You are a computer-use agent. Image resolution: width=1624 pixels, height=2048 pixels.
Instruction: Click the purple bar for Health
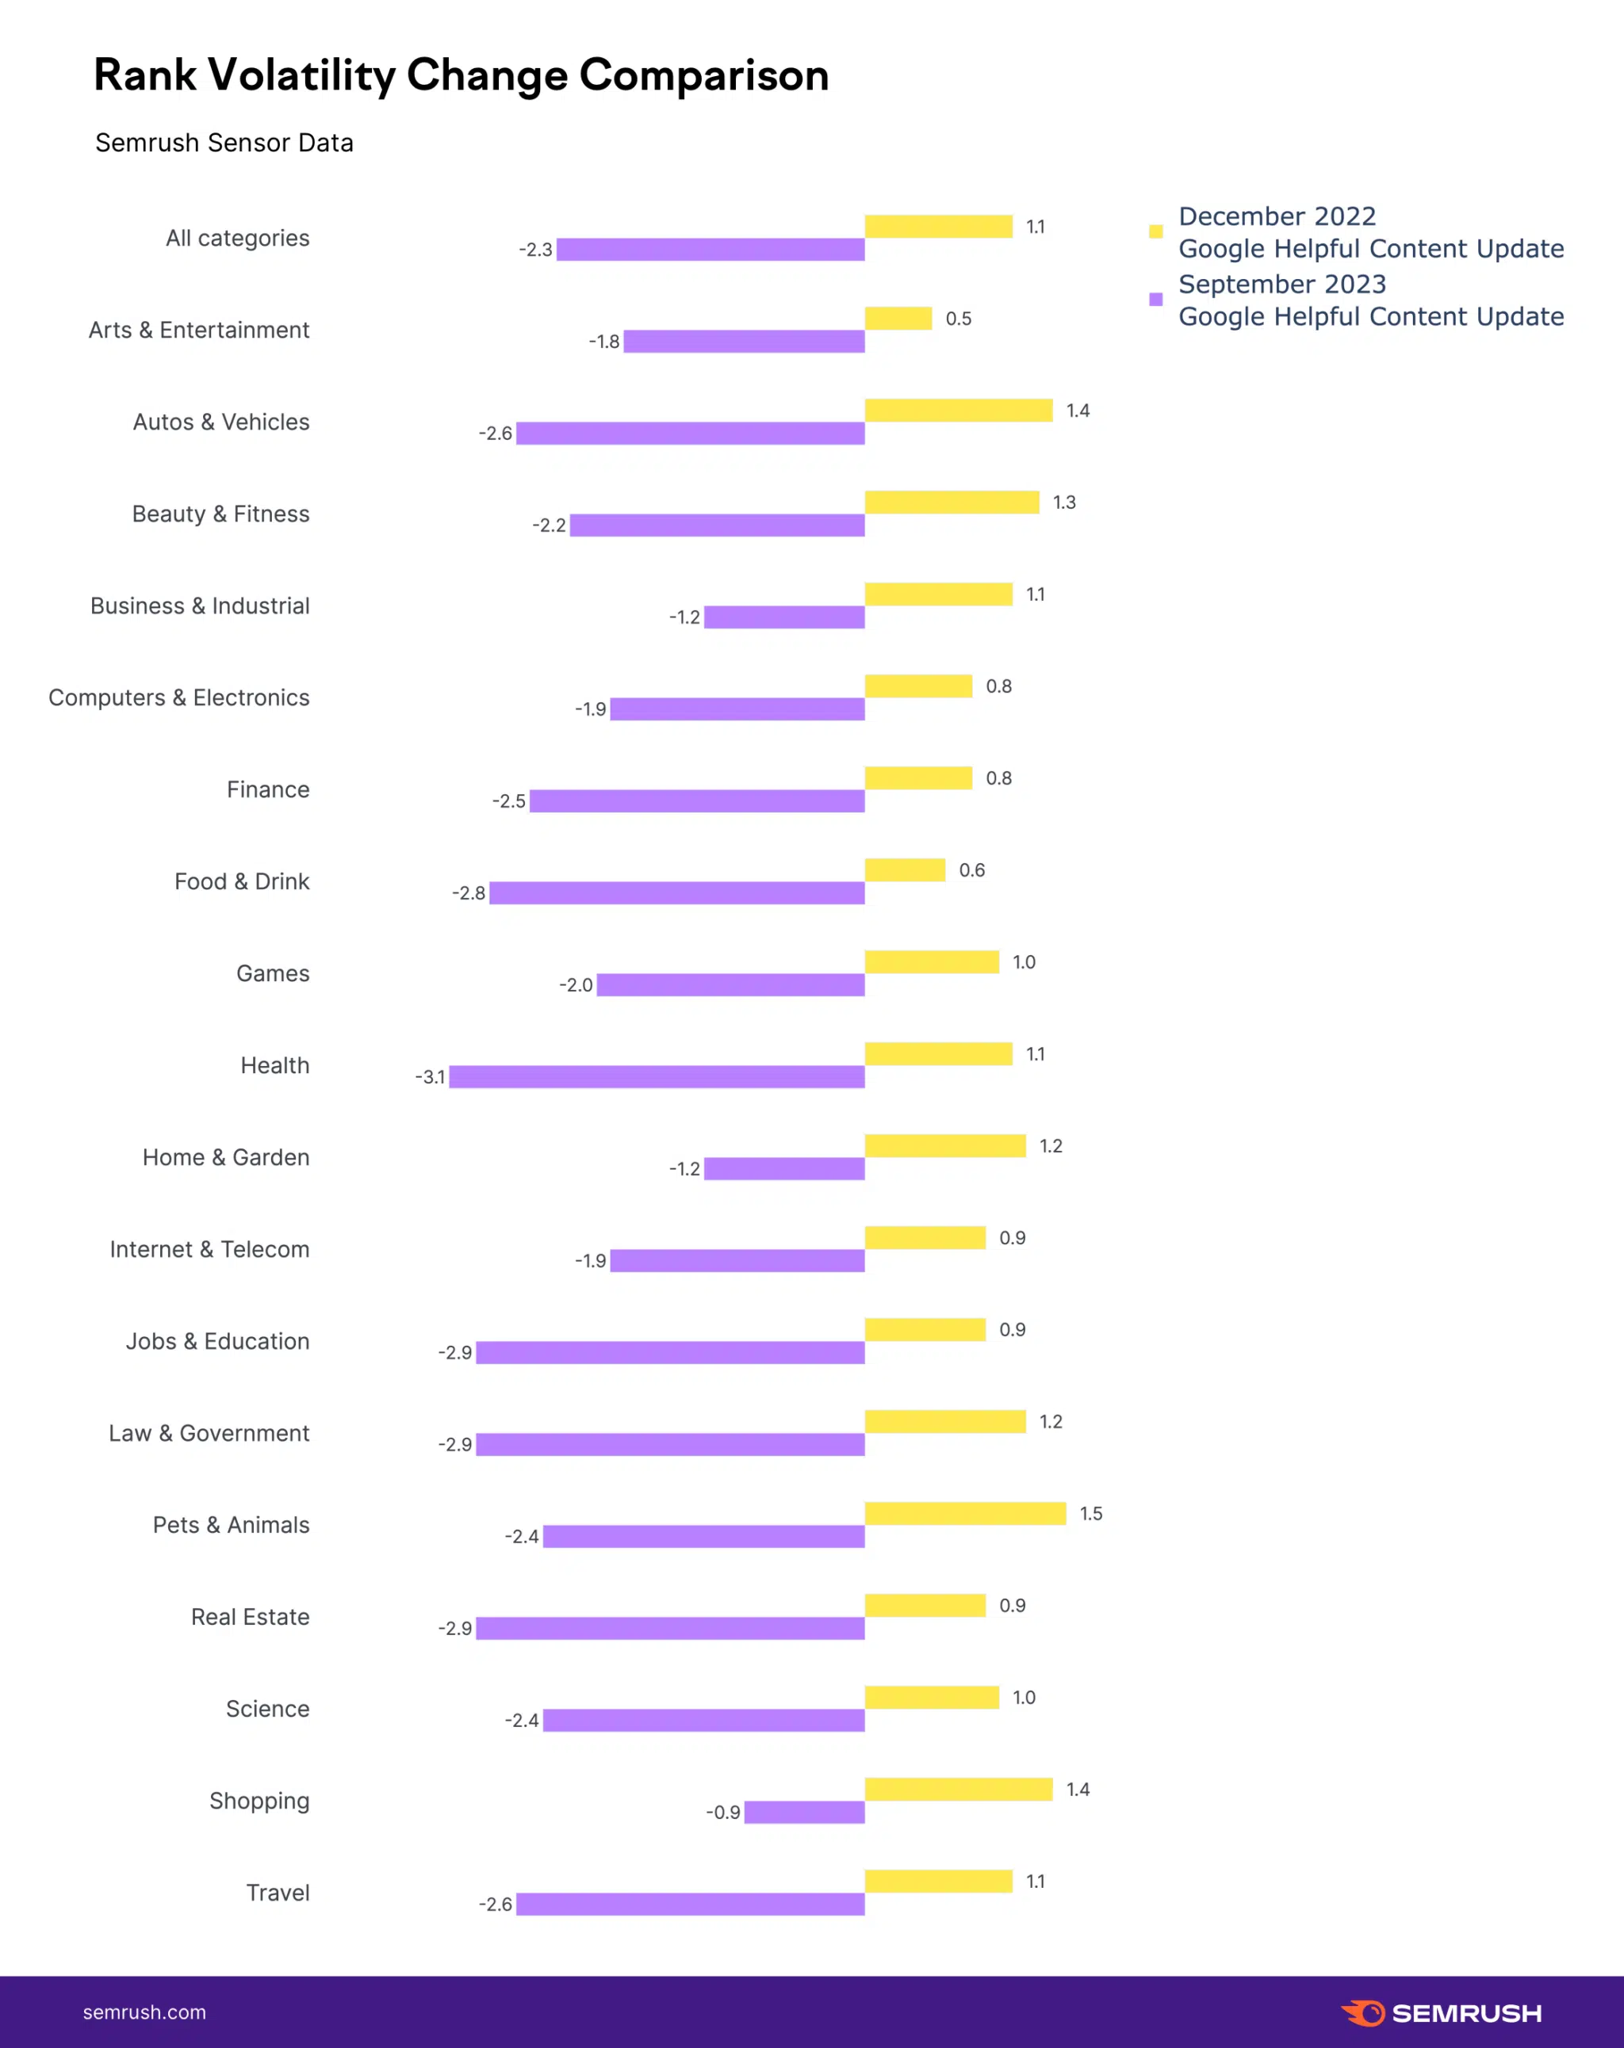(x=657, y=1076)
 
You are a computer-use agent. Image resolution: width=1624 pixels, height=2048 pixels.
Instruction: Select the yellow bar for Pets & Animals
(x=966, y=1513)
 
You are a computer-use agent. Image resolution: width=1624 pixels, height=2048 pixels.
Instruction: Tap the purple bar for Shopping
(x=805, y=1813)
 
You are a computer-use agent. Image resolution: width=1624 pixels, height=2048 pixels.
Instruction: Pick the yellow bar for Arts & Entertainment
(x=898, y=319)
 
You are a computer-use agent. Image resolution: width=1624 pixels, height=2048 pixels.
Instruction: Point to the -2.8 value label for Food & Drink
(x=469, y=893)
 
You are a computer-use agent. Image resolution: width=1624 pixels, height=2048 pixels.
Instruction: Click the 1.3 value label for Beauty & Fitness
(x=1064, y=502)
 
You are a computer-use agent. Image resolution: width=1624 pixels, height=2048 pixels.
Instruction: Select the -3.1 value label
(x=430, y=1077)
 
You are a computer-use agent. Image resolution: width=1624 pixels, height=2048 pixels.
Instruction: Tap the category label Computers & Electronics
(x=178, y=698)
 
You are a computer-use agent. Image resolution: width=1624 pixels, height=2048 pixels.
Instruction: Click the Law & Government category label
(x=209, y=1434)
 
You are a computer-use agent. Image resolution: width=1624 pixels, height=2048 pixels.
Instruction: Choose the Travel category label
(x=278, y=1893)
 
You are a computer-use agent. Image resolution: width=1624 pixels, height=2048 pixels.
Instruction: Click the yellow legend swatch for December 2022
(x=1155, y=231)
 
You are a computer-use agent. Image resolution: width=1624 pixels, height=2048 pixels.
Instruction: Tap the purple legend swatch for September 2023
(x=1155, y=300)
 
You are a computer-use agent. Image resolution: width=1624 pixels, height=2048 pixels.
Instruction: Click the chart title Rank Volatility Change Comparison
(x=461, y=75)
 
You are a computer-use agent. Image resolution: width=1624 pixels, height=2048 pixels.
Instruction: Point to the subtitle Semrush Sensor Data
(x=224, y=143)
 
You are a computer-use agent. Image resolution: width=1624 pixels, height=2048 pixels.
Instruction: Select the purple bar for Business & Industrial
(x=785, y=617)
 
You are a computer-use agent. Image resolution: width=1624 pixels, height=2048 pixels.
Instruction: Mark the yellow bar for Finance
(x=918, y=778)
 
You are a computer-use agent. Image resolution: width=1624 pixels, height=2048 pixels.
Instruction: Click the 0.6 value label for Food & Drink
(x=972, y=870)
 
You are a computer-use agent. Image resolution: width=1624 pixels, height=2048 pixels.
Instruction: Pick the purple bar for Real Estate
(x=670, y=1628)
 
